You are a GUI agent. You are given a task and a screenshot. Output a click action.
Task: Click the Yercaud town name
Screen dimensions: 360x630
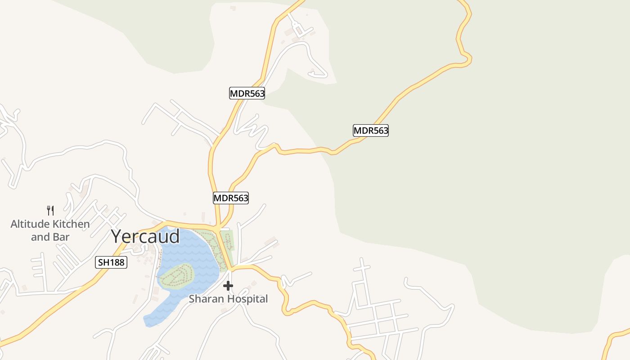pyautogui.click(x=145, y=237)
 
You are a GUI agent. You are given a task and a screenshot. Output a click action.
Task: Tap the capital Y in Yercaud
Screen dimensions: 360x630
pyautogui.click(x=117, y=237)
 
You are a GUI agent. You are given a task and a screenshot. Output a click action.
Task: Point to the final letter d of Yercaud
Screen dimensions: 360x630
pyautogui.click(x=175, y=236)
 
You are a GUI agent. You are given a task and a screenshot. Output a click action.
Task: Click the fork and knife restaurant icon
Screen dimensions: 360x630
pyautogui.click(x=50, y=210)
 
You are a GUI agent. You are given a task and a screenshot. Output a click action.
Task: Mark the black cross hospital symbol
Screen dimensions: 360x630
pyautogui.click(x=228, y=285)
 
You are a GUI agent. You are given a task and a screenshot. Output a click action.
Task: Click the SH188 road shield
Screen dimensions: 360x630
pyautogui.click(x=111, y=262)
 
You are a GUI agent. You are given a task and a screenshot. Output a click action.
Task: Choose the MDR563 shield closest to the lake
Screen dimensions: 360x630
pyautogui.click(x=231, y=198)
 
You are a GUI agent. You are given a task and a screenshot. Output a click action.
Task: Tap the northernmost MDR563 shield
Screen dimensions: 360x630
pyautogui.click(x=247, y=94)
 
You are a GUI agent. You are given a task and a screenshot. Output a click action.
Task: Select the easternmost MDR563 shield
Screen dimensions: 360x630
pyautogui.click(x=370, y=130)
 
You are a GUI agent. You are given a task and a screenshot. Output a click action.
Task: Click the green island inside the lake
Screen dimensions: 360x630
pyautogui.click(x=177, y=275)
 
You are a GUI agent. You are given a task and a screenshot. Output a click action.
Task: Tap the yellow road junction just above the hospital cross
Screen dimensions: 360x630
pyautogui.click(x=230, y=269)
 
